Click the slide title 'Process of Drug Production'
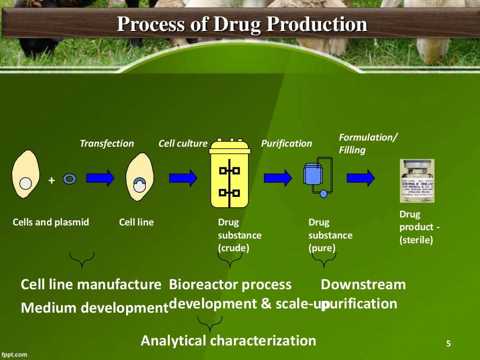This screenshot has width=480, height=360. pos(241,24)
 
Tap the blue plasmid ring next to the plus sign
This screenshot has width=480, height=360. pos(69,179)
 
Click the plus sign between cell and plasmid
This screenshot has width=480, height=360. pos(52,180)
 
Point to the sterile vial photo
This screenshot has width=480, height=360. pos(416,180)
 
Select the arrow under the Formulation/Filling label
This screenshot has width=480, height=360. pos(360,178)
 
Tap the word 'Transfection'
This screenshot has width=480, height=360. pos(107,143)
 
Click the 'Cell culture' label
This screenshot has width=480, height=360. pos(183,143)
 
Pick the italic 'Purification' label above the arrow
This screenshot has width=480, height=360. pos(286,143)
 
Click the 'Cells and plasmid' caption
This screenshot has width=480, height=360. pos(51,222)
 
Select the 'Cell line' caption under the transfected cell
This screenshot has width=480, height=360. pos(136,222)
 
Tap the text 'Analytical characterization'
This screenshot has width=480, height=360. pos(228,340)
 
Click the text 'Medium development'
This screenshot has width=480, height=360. pos(94,308)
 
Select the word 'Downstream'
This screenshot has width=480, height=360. pos(363,285)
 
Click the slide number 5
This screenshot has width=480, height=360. pos(448,345)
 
